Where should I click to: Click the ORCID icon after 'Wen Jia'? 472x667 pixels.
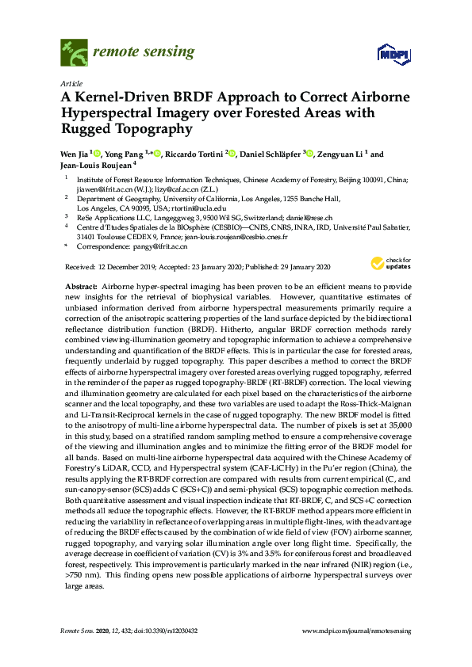tap(94, 153)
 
